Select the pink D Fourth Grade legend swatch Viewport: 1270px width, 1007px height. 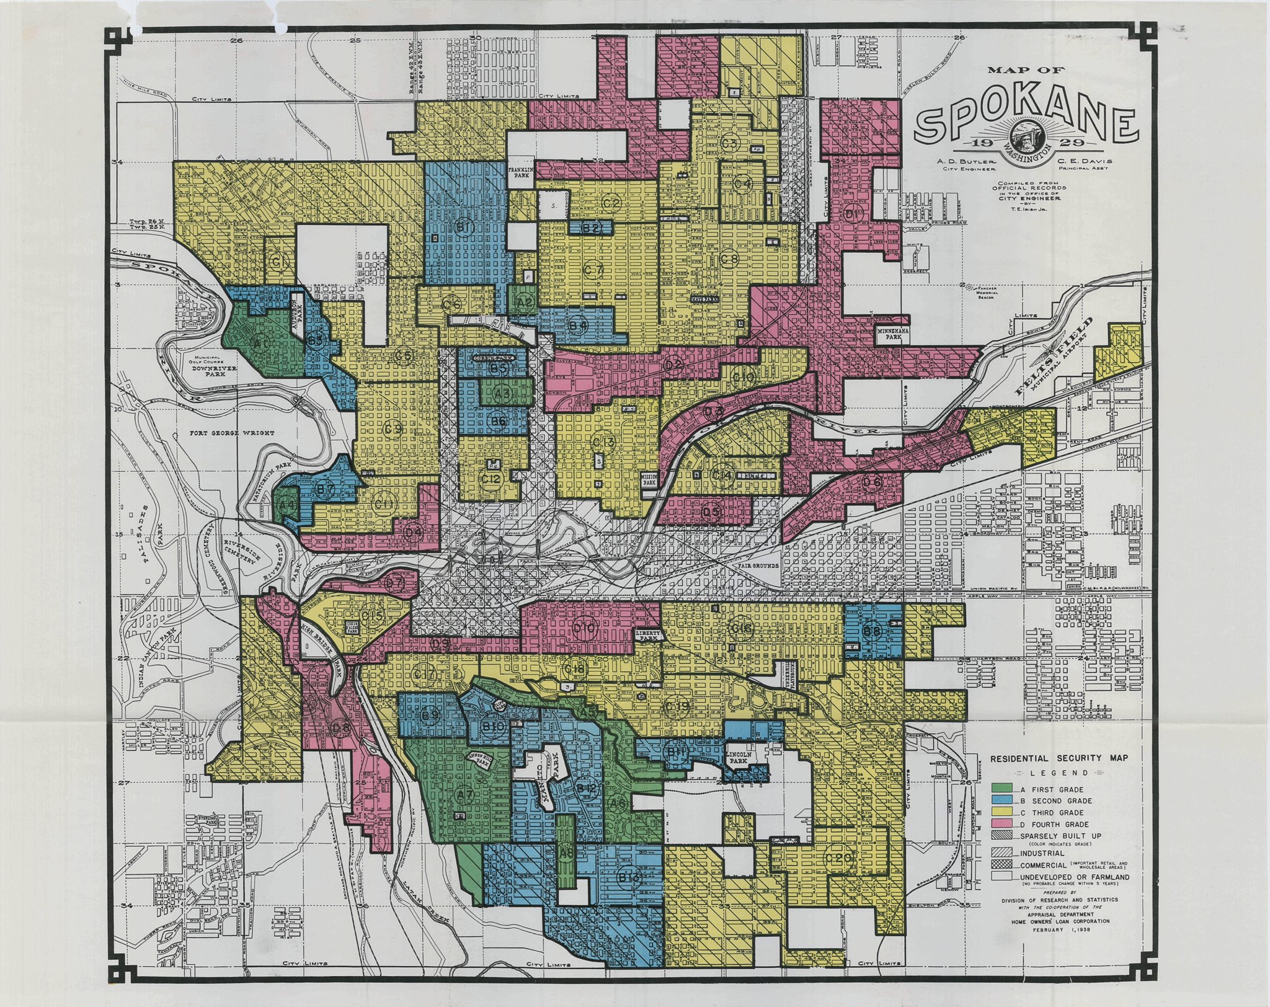point(1003,824)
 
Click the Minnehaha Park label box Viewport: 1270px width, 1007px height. point(893,335)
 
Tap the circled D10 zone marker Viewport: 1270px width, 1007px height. point(585,629)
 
